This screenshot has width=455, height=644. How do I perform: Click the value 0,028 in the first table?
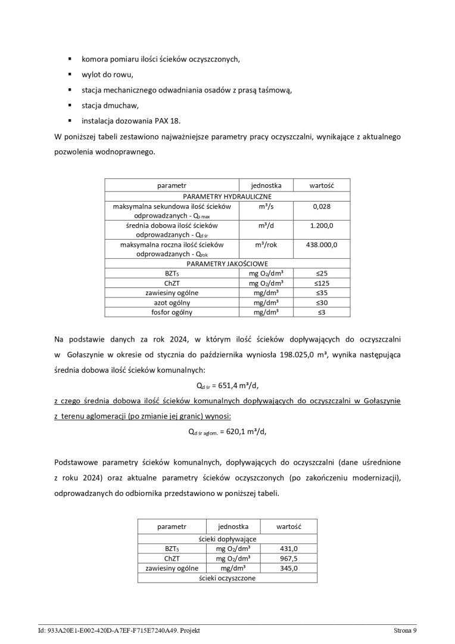coord(322,206)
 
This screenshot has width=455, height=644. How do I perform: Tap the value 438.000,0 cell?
coord(322,245)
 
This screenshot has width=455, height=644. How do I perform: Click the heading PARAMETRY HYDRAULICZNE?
coord(227,196)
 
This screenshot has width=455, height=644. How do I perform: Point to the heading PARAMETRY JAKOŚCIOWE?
coord(227,263)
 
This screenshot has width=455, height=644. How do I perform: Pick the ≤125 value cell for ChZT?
coord(322,283)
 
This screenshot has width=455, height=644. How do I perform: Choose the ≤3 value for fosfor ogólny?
coord(322,312)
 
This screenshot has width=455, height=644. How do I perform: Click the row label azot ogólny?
coord(172,302)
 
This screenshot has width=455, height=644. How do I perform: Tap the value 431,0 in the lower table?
coord(288,549)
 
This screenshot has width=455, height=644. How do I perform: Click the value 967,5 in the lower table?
coord(288,559)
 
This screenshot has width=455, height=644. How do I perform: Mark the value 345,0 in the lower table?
coord(288,568)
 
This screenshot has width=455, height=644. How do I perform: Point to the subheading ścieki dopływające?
coord(227,539)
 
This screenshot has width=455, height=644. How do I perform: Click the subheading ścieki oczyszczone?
coord(227,578)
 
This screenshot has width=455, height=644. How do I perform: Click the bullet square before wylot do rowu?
coord(69,75)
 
